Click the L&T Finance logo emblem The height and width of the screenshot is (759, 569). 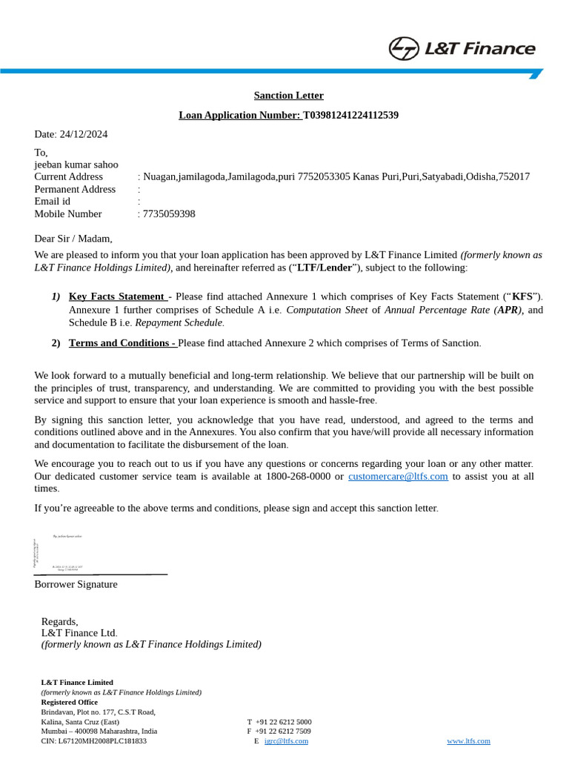[x=404, y=49]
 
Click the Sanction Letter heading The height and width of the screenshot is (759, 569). [x=288, y=96]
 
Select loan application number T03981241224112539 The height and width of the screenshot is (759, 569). [x=350, y=115]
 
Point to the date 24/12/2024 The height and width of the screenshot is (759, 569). [x=83, y=134]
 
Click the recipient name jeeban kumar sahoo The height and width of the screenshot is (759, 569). [x=76, y=165]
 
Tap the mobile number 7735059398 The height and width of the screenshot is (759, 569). [x=169, y=214]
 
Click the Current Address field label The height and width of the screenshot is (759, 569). [x=69, y=176]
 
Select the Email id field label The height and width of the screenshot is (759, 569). [x=53, y=202]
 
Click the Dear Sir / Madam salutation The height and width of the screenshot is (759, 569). [x=73, y=239]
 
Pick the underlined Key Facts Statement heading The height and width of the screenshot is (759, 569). [x=116, y=296]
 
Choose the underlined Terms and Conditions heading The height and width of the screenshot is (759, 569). [x=122, y=343]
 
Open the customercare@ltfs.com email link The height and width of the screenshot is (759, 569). [x=398, y=477]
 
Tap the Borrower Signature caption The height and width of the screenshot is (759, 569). [x=76, y=584]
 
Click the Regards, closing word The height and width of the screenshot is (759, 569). [x=59, y=621]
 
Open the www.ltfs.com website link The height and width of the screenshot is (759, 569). [x=468, y=740]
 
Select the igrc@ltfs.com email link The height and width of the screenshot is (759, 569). [x=286, y=740]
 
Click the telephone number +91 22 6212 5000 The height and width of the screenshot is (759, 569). [x=283, y=722]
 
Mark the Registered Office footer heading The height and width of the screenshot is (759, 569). [x=69, y=702]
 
